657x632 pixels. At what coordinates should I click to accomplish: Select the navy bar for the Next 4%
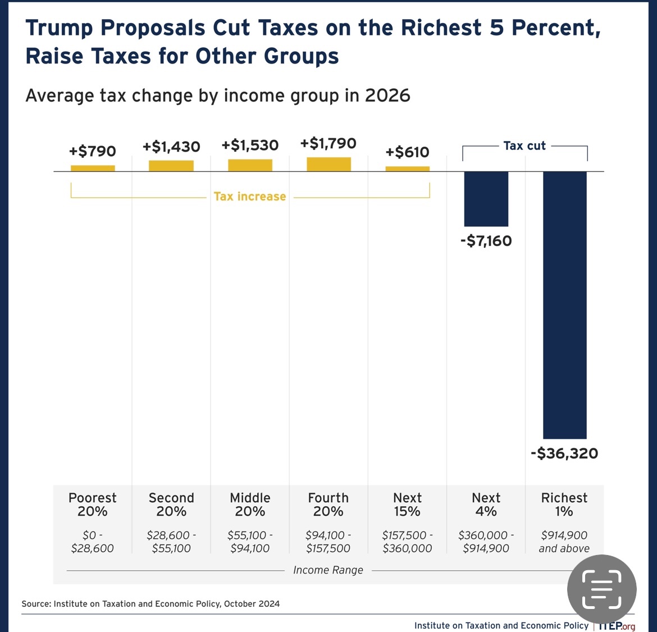click(x=486, y=199)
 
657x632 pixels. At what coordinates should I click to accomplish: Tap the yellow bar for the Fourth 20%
click(x=328, y=164)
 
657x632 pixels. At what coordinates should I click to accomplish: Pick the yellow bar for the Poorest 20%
click(x=93, y=168)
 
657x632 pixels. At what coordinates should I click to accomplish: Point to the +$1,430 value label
click(x=171, y=147)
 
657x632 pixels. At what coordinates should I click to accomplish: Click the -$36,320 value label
click(x=564, y=453)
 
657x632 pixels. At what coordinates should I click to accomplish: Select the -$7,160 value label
click(x=486, y=241)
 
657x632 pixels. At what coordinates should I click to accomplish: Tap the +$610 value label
click(x=407, y=152)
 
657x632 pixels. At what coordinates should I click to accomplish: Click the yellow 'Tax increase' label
click(x=250, y=197)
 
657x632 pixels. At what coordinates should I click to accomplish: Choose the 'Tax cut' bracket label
click(x=524, y=146)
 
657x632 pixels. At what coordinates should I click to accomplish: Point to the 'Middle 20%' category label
click(x=250, y=504)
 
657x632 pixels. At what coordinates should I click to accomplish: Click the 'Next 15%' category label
click(x=407, y=504)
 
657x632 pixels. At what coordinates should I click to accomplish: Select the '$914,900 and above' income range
click(x=564, y=542)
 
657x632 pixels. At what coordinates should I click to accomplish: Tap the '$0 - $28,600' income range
click(x=93, y=542)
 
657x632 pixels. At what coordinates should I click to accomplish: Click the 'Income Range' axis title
click(x=328, y=570)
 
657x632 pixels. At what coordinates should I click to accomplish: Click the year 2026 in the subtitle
click(x=387, y=96)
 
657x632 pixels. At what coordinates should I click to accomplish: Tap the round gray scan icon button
click(x=601, y=589)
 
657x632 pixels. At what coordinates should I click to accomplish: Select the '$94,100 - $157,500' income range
click(x=328, y=542)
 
